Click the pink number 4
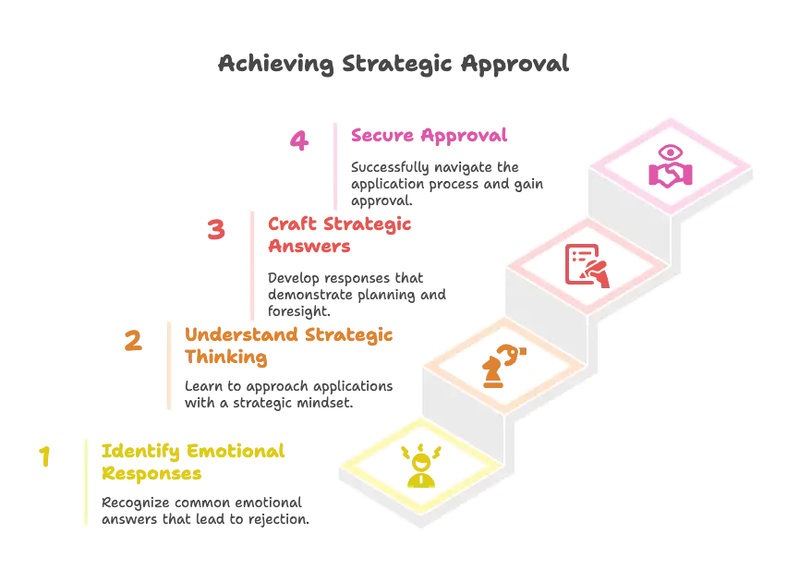coord(298,141)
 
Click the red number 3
coord(216,229)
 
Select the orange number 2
coord(133,342)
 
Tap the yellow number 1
coord(42,458)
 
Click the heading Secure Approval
coord(429,137)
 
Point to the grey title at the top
coord(393,64)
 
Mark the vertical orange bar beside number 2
coord(167,365)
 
